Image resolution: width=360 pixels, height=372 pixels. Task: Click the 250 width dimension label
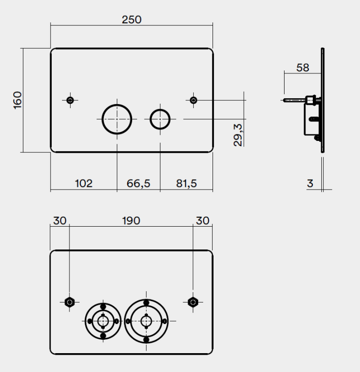(x=132, y=20)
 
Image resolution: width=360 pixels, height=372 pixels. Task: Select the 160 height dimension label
(x=17, y=100)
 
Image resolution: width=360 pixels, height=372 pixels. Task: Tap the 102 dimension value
(x=83, y=184)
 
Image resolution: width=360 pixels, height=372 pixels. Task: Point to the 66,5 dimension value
(x=138, y=184)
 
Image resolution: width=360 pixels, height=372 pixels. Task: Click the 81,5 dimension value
(x=186, y=184)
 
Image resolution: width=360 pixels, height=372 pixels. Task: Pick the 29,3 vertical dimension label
(x=238, y=135)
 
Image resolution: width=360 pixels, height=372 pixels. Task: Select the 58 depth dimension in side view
(x=302, y=68)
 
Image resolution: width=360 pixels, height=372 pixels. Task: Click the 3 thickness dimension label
(x=310, y=184)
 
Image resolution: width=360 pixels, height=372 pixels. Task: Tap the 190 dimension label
(x=131, y=221)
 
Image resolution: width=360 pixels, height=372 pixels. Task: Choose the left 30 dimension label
(x=60, y=221)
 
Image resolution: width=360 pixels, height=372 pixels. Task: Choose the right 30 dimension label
(x=203, y=221)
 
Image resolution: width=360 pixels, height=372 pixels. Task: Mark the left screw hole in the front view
(x=70, y=100)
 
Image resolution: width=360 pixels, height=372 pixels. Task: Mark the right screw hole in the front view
(x=194, y=100)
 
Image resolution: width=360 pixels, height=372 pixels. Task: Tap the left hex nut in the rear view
(x=70, y=302)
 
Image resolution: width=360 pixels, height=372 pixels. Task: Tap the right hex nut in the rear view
(x=193, y=302)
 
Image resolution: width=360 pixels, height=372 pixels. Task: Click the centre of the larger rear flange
(x=146, y=321)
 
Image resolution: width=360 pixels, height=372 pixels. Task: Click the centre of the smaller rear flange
(x=103, y=321)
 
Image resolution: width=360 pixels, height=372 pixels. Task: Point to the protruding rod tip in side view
(x=284, y=100)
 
